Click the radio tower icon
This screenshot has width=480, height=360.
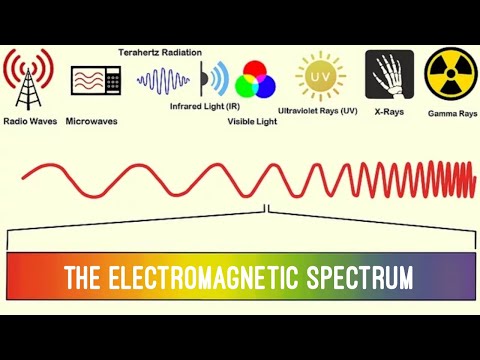tap(27, 77)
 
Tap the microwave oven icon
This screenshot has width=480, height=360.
tap(95, 81)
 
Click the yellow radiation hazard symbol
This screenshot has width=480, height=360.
tap(450, 74)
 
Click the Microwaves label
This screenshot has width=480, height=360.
tap(93, 121)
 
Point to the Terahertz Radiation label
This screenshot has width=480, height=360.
tap(160, 52)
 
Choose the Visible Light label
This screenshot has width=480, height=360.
tap(252, 121)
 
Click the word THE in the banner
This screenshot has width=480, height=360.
tap(84, 277)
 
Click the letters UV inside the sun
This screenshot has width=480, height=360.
tap(320, 74)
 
